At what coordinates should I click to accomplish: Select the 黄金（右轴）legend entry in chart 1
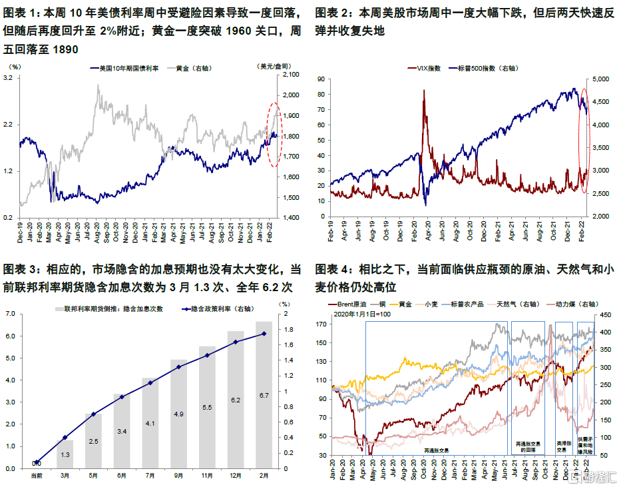click(196, 68)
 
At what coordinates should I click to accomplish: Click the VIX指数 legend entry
click(426, 68)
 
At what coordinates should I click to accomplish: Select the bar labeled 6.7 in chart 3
click(264, 395)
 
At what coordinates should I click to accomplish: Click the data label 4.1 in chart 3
click(150, 423)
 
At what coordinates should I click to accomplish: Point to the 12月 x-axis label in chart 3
click(236, 475)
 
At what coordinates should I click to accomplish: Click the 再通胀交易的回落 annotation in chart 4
click(528, 446)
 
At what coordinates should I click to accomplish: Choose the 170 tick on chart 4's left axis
click(322, 324)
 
